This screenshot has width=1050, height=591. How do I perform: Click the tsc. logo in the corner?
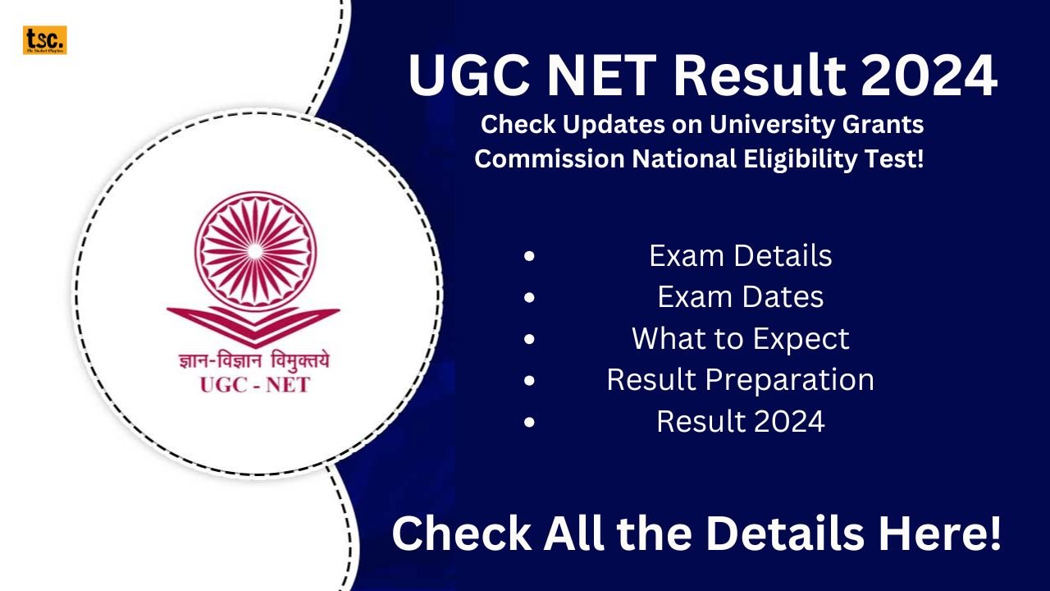point(44,40)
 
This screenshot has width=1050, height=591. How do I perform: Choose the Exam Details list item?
point(740,256)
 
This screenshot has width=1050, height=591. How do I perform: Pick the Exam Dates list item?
point(740,297)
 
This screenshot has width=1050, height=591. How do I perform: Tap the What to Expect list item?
point(740,338)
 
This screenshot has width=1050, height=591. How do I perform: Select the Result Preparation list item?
point(740,380)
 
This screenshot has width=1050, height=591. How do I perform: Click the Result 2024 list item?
point(740,422)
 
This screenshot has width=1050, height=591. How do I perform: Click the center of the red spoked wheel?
point(253,249)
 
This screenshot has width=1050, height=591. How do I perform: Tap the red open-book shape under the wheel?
point(253,322)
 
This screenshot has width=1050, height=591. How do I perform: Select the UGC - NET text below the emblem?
point(254,384)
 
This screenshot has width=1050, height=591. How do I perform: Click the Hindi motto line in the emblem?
point(253,360)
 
